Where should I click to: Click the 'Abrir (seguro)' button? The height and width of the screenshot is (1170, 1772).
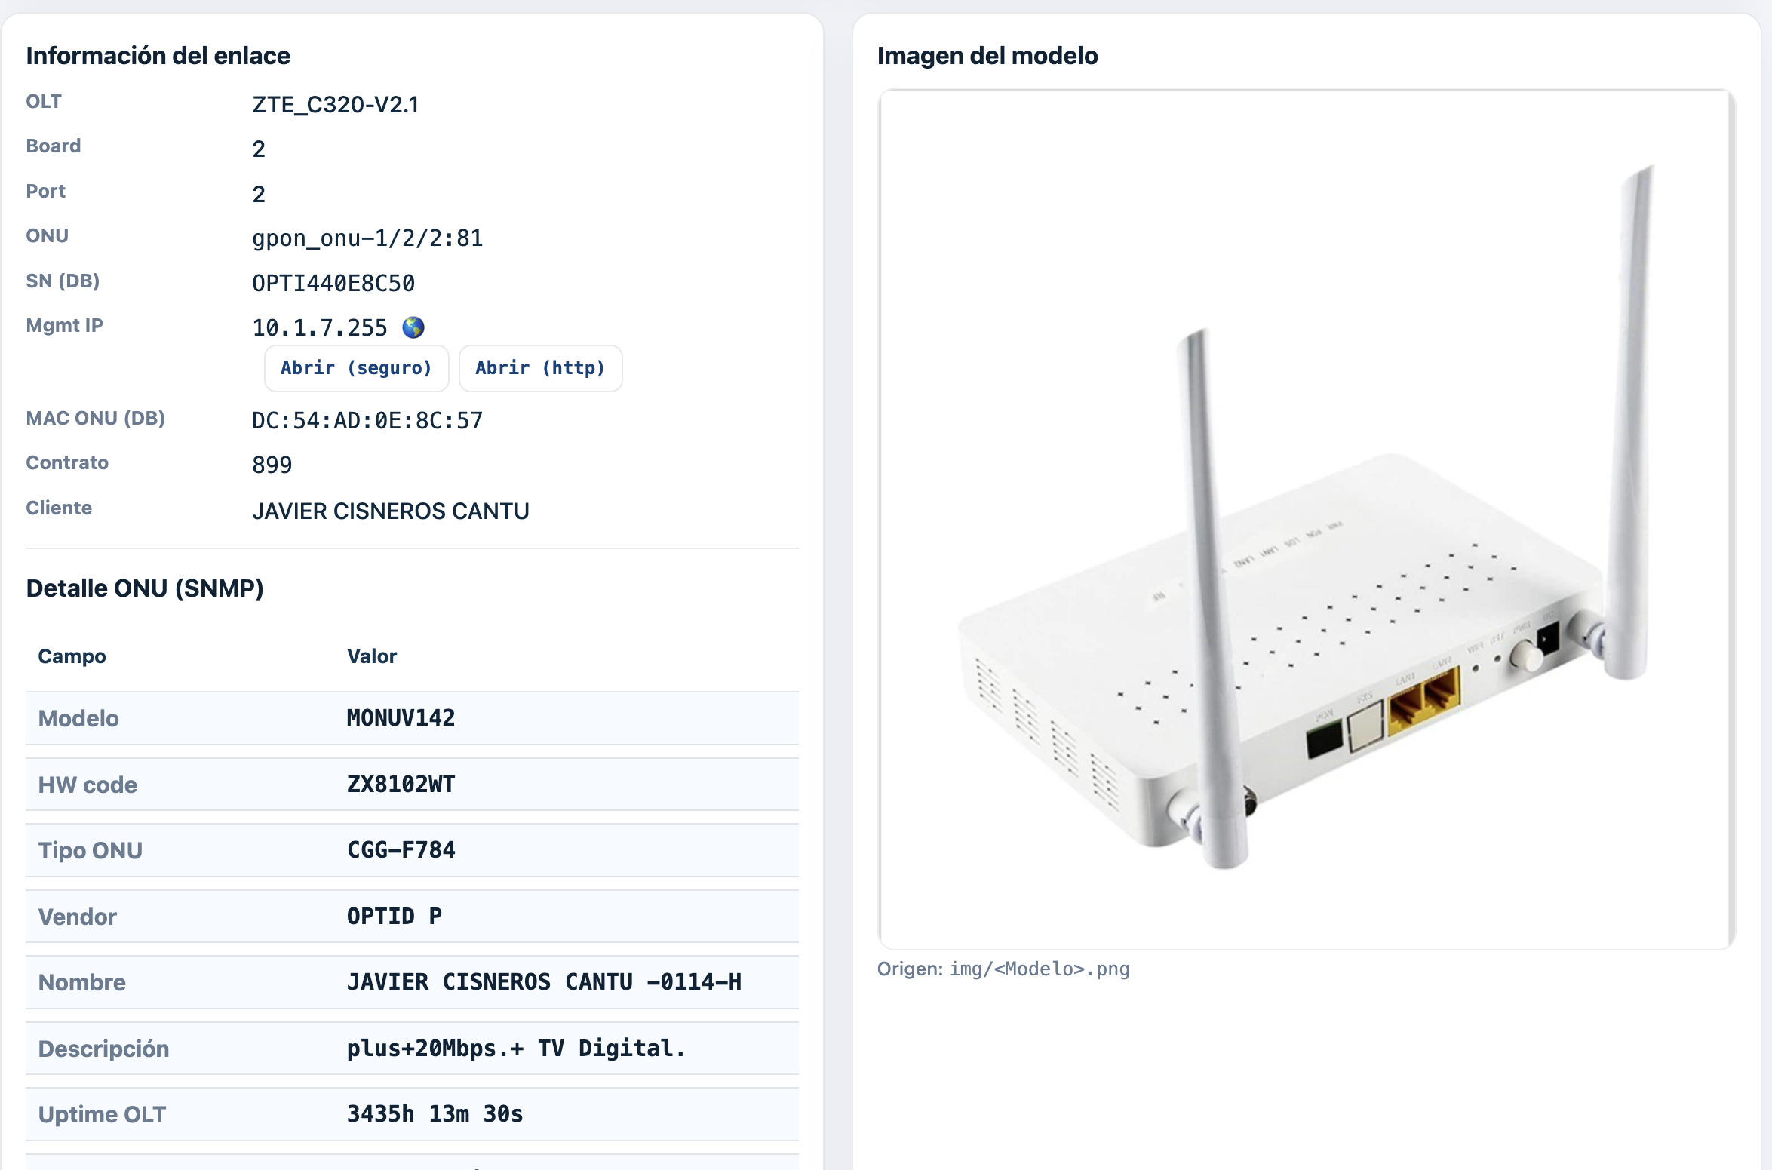coord(356,368)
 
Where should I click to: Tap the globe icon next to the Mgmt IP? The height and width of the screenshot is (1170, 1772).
coord(413,327)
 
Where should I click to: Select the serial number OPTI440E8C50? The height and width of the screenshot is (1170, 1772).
coord(333,284)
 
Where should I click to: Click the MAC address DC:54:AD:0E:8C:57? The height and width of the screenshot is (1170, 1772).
coord(367,420)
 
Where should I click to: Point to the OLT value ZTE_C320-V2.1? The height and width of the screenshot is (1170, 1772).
coord(335,104)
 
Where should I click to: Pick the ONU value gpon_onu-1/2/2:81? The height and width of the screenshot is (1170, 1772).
coord(367,238)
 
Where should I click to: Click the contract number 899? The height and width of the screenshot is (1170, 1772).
coord(272,465)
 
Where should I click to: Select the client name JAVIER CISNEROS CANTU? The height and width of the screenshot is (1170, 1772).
coord(390,511)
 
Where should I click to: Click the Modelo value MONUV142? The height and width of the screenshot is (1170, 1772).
coord(401,717)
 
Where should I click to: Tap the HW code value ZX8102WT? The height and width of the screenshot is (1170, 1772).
coord(401,784)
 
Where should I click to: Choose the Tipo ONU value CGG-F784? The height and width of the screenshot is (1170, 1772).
coord(401,850)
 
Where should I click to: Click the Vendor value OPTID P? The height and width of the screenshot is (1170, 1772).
coord(394,916)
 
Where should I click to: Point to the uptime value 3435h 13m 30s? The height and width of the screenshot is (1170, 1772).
coord(435,1114)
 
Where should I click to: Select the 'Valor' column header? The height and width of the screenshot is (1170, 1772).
coord(371,656)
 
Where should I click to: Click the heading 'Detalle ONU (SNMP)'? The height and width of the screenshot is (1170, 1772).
coord(145,588)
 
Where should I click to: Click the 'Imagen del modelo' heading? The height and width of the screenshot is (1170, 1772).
coord(987,56)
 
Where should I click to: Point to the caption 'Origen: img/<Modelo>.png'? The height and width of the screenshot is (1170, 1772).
coord(1003,969)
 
